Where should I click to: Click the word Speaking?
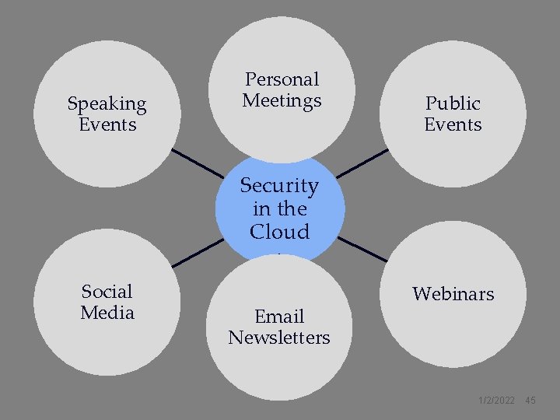(x=107, y=103)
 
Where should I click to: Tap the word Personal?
(x=282, y=79)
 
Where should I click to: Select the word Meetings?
(x=282, y=100)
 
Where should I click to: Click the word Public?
(x=453, y=103)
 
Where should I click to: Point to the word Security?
(x=279, y=186)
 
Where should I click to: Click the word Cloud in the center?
(x=279, y=232)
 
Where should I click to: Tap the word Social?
(x=107, y=292)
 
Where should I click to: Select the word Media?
(x=107, y=313)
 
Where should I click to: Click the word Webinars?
(x=453, y=294)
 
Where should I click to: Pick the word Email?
(x=279, y=317)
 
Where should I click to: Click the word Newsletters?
(x=279, y=338)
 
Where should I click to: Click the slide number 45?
(x=530, y=400)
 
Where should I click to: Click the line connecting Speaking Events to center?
(x=196, y=163)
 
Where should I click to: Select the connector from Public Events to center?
(x=362, y=163)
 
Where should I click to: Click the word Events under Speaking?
(x=107, y=124)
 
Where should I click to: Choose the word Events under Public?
(x=453, y=124)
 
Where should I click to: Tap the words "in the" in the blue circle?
(x=279, y=209)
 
